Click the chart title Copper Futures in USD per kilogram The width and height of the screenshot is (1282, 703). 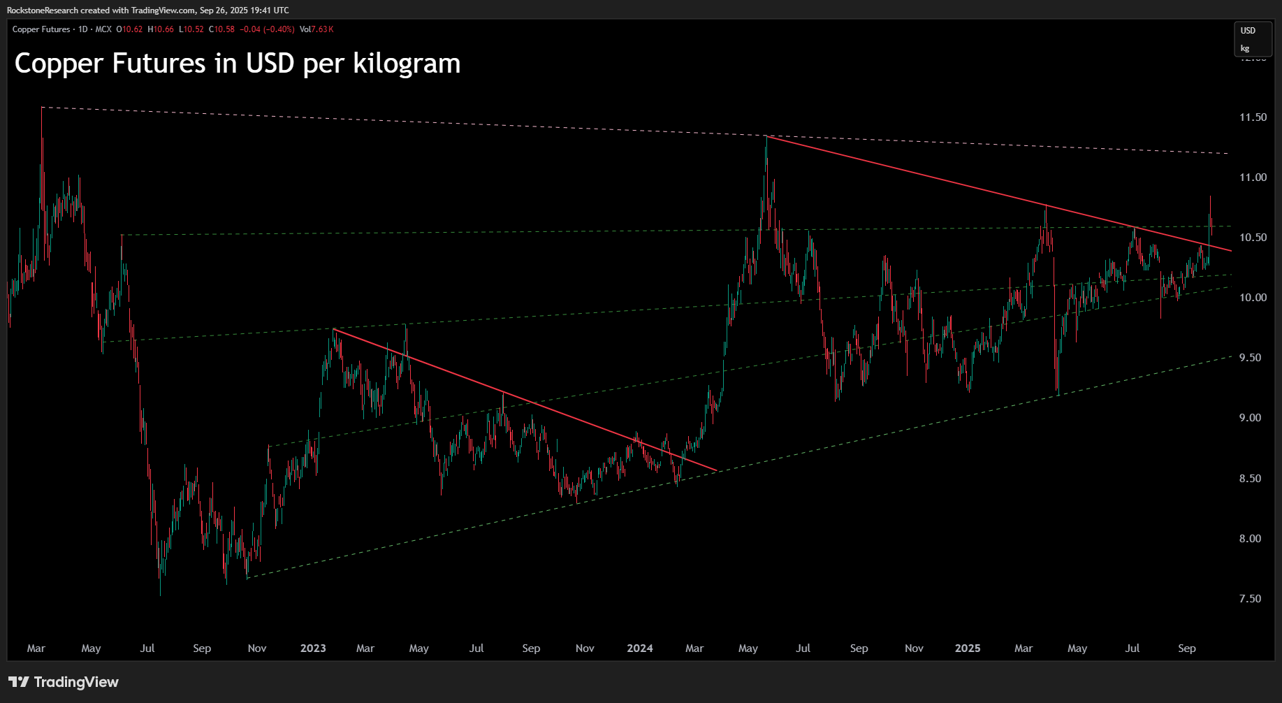238,64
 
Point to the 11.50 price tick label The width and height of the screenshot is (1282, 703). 1253,117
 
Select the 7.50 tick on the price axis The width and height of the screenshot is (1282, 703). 1250,599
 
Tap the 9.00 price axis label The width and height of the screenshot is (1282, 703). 1250,418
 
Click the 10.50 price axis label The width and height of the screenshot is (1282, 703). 1253,238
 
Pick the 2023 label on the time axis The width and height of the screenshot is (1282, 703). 313,648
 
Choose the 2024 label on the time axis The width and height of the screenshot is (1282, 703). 640,648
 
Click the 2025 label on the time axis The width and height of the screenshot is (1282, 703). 968,648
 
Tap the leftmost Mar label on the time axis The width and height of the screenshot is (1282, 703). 36,648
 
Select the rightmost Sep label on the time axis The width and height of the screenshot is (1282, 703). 1186,648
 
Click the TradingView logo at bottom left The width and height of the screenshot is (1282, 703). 64,682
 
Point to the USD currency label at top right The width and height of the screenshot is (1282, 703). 1248,31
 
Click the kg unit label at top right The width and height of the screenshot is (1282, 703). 1245,49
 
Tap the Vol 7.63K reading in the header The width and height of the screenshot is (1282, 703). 316,29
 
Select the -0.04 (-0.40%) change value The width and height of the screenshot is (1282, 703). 267,29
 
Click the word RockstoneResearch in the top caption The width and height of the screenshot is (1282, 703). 43,10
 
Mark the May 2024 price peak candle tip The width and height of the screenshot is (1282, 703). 766,137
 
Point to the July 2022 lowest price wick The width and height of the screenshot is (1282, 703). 160,595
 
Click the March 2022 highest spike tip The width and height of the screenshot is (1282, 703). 42,108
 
